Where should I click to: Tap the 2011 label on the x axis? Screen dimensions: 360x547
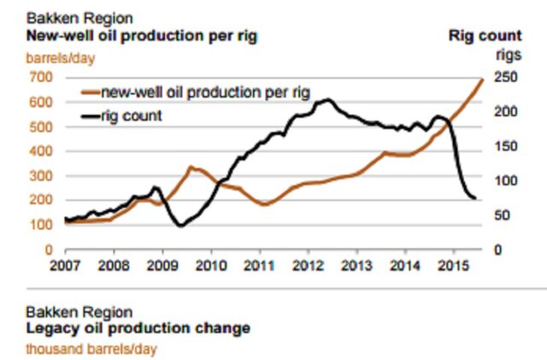259,264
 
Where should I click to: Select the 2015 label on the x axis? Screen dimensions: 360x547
453,264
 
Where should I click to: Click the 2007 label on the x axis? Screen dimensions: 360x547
65,264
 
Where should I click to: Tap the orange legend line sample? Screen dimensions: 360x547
89,91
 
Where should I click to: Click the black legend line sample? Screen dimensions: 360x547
89,114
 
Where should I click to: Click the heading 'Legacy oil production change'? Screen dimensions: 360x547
138,328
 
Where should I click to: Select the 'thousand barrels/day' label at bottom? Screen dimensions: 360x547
91,349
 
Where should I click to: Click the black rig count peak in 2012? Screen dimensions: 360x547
328,100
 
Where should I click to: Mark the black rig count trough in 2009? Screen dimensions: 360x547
180,226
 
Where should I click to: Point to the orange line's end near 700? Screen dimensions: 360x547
483,79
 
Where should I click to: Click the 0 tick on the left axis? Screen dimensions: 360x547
48,250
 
